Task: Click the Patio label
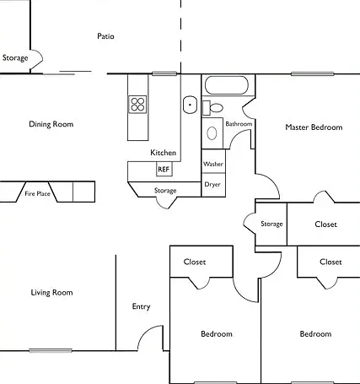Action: tap(105, 36)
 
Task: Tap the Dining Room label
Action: tap(51, 124)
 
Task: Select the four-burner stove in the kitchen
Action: tap(137, 105)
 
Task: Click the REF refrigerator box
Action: tap(164, 169)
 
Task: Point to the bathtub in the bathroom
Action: tap(227, 85)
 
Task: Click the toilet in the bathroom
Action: tap(213, 108)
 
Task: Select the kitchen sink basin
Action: tap(191, 105)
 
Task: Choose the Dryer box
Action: tap(213, 185)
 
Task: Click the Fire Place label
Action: tap(37, 193)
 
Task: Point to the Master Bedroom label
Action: tap(314, 127)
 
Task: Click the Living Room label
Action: tap(51, 293)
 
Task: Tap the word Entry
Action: tap(141, 306)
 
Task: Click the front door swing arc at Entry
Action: tap(147, 332)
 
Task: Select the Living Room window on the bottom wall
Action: tap(51, 350)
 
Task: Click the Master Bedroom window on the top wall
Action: tap(313, 74)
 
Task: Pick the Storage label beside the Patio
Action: tap(15, 57)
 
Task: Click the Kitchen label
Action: tap(164, 153)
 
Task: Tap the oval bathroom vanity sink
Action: tap(212, 133)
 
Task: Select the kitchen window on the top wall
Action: tap(164, 74)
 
